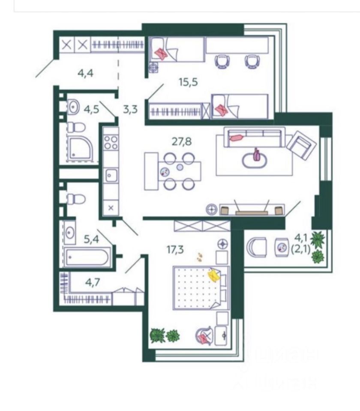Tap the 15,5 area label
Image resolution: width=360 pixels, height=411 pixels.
click(188, 82)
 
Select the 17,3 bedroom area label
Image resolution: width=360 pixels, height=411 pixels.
click(175, 248)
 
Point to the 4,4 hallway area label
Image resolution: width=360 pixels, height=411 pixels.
click(85, 72)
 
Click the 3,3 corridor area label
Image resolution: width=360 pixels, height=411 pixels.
click(130, 109)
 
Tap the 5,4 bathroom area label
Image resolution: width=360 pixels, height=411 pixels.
click(91, 239)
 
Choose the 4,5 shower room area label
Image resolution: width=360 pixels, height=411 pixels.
click(91, 109)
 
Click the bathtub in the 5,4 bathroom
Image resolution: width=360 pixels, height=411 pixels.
click(88, 258)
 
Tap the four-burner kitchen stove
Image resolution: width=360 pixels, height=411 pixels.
click(111, 142)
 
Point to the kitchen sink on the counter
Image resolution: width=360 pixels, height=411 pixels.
click(111, 175)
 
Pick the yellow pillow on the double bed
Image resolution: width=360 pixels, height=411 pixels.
click(214, 276)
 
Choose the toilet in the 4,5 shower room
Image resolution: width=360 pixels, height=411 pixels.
click(77, 127)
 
